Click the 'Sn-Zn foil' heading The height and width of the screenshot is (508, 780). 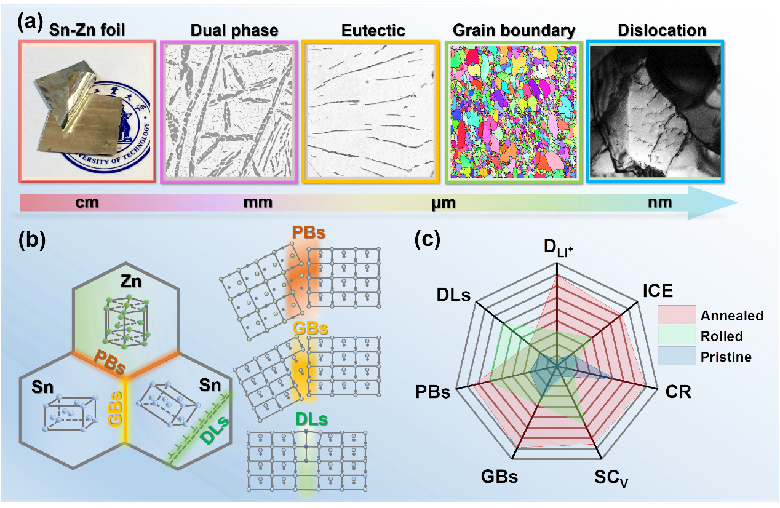[x=87, y=30]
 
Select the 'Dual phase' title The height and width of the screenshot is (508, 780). [x=234, y=31]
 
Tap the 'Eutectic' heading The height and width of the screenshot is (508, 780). [x=373, y=30]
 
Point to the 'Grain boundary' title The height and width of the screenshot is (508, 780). [x=514, y=31]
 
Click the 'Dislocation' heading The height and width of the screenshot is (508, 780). [x=662, y=30]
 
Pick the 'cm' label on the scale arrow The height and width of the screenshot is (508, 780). [x=87, y=202]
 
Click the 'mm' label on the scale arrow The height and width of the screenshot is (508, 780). [x=258, y=202]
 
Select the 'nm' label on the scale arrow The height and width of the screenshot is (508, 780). [x=660, y=202]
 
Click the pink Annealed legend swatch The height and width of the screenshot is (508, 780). [x=677, y=314]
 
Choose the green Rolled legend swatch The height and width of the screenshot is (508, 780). [x=677, y=335]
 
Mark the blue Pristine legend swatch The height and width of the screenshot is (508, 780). [x=677, y=355]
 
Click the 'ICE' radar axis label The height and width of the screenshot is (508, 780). [x=658, y=291]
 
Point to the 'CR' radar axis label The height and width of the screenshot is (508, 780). [x=679, y=392]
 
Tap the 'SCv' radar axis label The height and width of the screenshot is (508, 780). [x=611, y=478]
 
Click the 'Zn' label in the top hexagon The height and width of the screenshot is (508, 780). [x=130, y=281]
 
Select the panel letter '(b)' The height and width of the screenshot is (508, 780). [x=32, y=240]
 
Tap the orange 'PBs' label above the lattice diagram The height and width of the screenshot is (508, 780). [x=309, y=232]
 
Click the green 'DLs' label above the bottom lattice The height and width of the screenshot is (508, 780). [x=312, y=419]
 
